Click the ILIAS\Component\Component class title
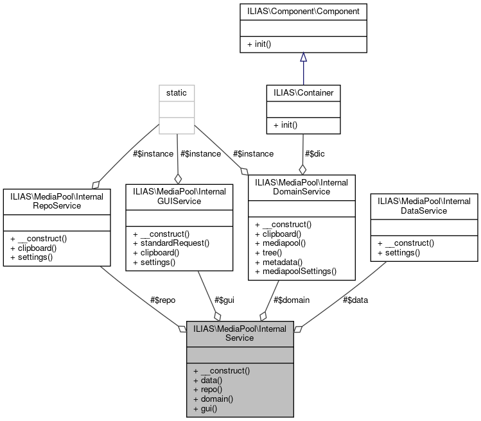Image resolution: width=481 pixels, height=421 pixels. [x=303, y=12]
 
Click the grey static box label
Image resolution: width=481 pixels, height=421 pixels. [x=177, y=93]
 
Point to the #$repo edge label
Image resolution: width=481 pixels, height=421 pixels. [x=162, y=300]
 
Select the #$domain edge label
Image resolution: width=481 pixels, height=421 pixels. [x=292, y=300]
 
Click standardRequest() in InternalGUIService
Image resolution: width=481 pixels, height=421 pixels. [x=170, y=243]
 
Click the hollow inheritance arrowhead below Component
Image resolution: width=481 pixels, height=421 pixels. [x=303, y=57]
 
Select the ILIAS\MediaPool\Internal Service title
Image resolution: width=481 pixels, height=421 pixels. [x=240, y=333]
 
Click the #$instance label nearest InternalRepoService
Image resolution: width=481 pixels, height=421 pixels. [x=136, y=153]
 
